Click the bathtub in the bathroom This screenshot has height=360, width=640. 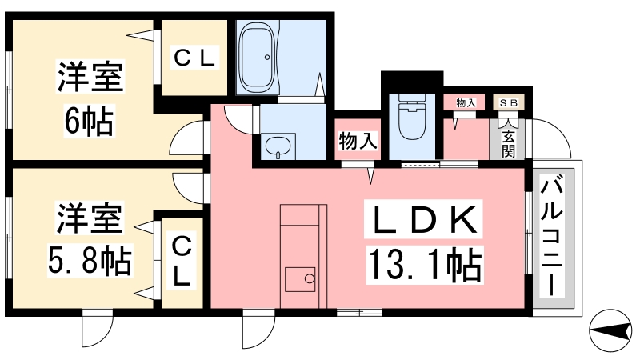pyautogui.click(x=257, y=56)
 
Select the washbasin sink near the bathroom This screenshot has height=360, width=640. pyautogui.click(x=278, y=146)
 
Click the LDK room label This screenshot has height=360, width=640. pyautogui.click(x=423, y=219)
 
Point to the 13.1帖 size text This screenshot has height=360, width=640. pyautogui.click(x=425, y=266)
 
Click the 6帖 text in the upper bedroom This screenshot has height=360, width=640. pyautogui.click(x=89, y=122)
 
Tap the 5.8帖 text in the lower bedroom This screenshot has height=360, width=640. pyautogui.click(x=90, y=262)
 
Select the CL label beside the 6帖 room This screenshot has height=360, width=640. pyautogui.click(x=194, y=58)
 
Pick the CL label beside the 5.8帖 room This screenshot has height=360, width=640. pyautogui.click(x=182, y=262)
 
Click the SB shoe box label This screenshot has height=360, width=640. pyautogui.click(x=509, y=103)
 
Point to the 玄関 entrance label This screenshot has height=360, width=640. pyautogui.click(x=508, y=144)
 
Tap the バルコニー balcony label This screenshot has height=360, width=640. pyautogui.click(x=552, y=234)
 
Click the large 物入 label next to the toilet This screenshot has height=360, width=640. pyautogui.click(x=358, y=142)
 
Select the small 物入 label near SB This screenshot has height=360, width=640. pyautogui.click(x=466, y=102)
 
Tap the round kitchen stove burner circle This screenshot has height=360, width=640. pyautogui.click(x=310, y=279)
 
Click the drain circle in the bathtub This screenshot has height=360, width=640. pyautogui.click(x=267, y=58)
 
